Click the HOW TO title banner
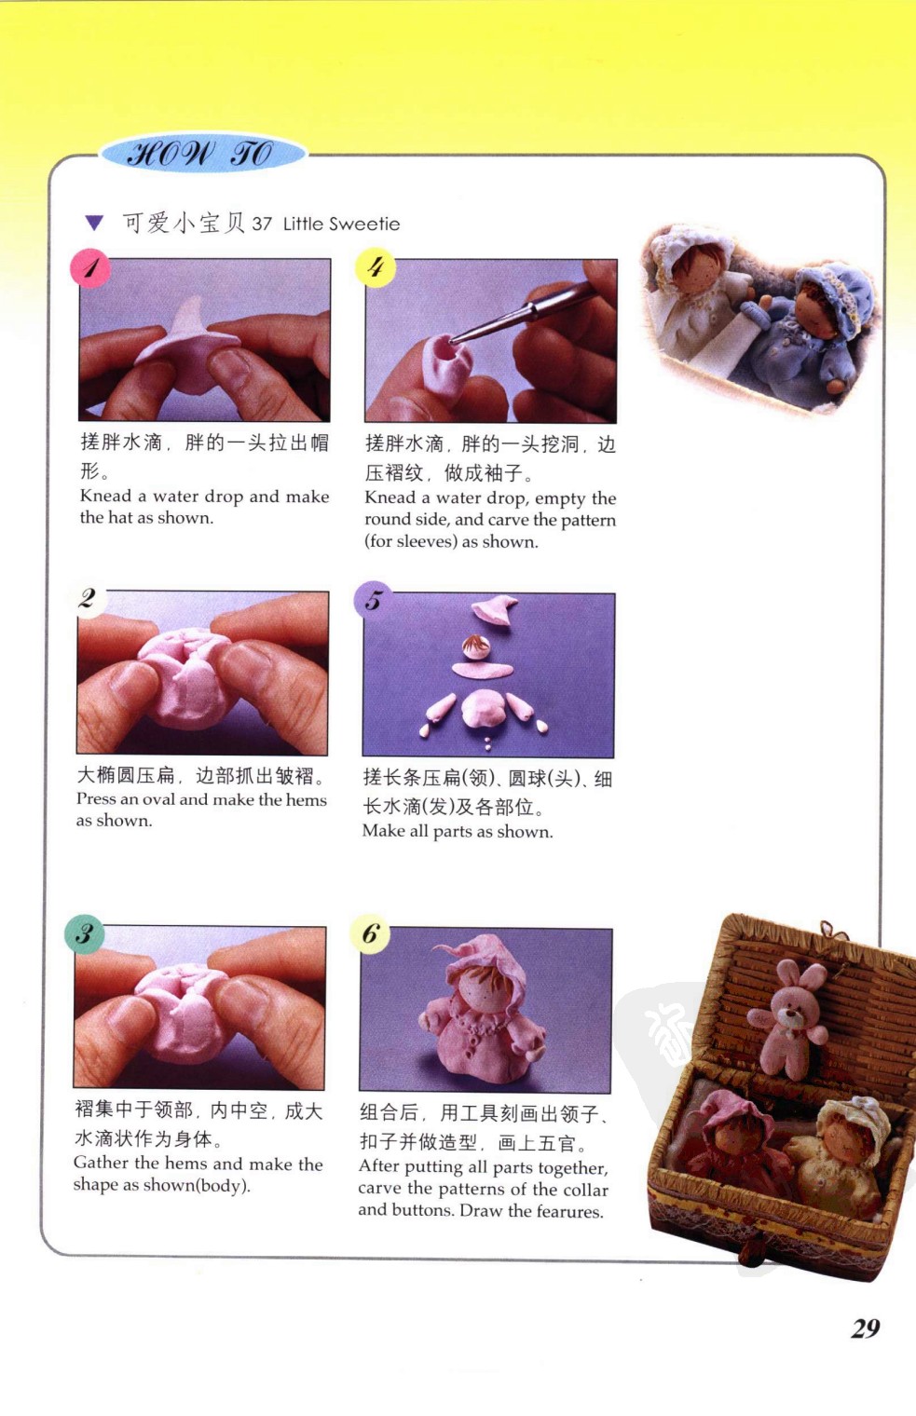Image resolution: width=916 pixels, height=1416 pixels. pyautogui.click(x=203, y=154)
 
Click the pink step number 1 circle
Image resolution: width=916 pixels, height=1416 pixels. pyautogui.click(x=90, y=268)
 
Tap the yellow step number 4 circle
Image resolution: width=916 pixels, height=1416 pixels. pyautogui.click(x=376, y=267)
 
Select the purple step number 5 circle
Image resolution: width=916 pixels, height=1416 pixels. pyautogui.click(x=373, y=600)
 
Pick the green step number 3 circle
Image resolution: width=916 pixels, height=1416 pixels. pyautogui.click(x=85, y=933)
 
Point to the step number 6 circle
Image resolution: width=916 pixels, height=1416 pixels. pyautogui.click(x=370, y=933)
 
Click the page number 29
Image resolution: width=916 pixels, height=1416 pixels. pyautogui.click(x=866, y=1328)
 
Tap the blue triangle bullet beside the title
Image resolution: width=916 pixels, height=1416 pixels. pyautogui.click(x=94, y=223)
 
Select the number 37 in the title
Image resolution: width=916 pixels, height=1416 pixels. pyautogui.click(x=262, y=224)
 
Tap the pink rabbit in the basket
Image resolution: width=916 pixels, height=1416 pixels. pyautogui.click(x=787, y=1008)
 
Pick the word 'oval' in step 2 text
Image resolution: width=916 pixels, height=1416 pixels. pyautogui.click(x=159, y=799)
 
